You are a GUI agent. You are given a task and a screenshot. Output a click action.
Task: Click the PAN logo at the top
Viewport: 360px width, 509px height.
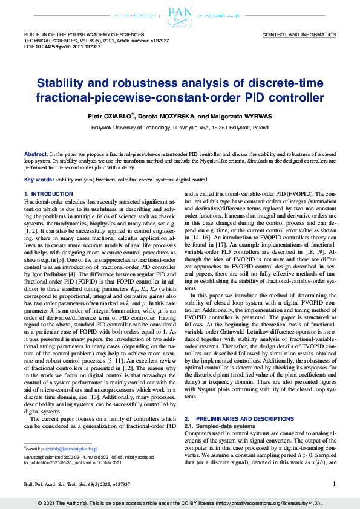point(180,13)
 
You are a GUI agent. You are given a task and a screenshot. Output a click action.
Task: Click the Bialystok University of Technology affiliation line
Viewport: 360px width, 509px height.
point(180,128)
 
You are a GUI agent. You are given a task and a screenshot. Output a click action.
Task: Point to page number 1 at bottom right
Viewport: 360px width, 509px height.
point(334,484)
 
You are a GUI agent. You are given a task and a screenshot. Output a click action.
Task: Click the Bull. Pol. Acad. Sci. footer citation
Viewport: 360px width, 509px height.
point(77,484)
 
